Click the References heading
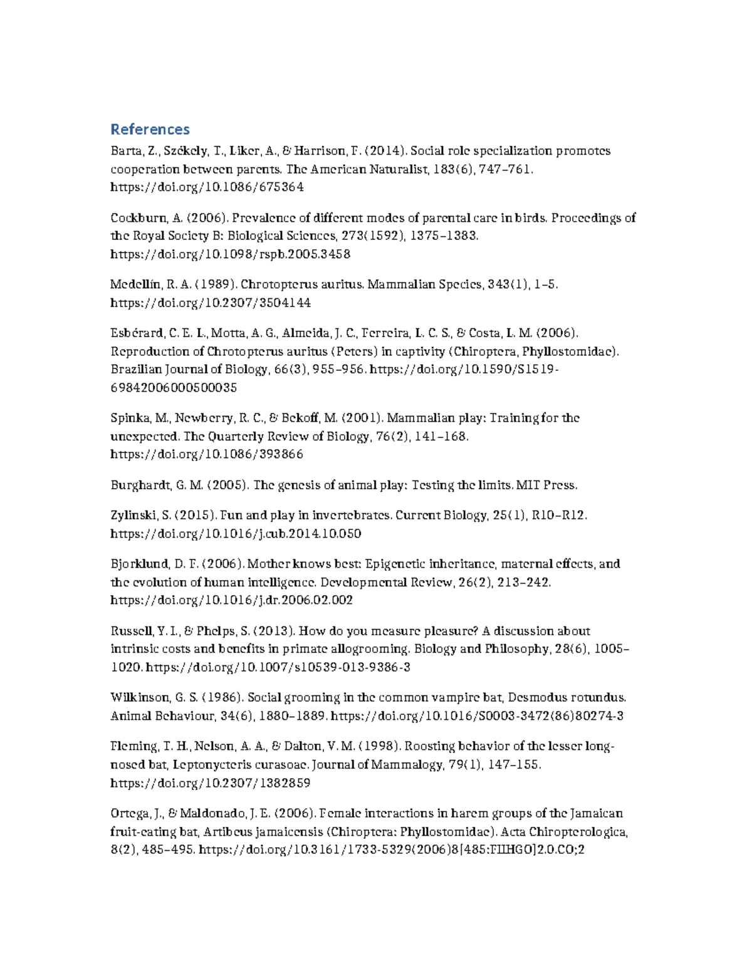tap(150, 129)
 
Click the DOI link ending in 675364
tap(207, 187)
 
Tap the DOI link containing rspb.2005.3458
tap(230, 254)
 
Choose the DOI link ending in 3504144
tap(211, 303)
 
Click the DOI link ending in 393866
tap(207, 454)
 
